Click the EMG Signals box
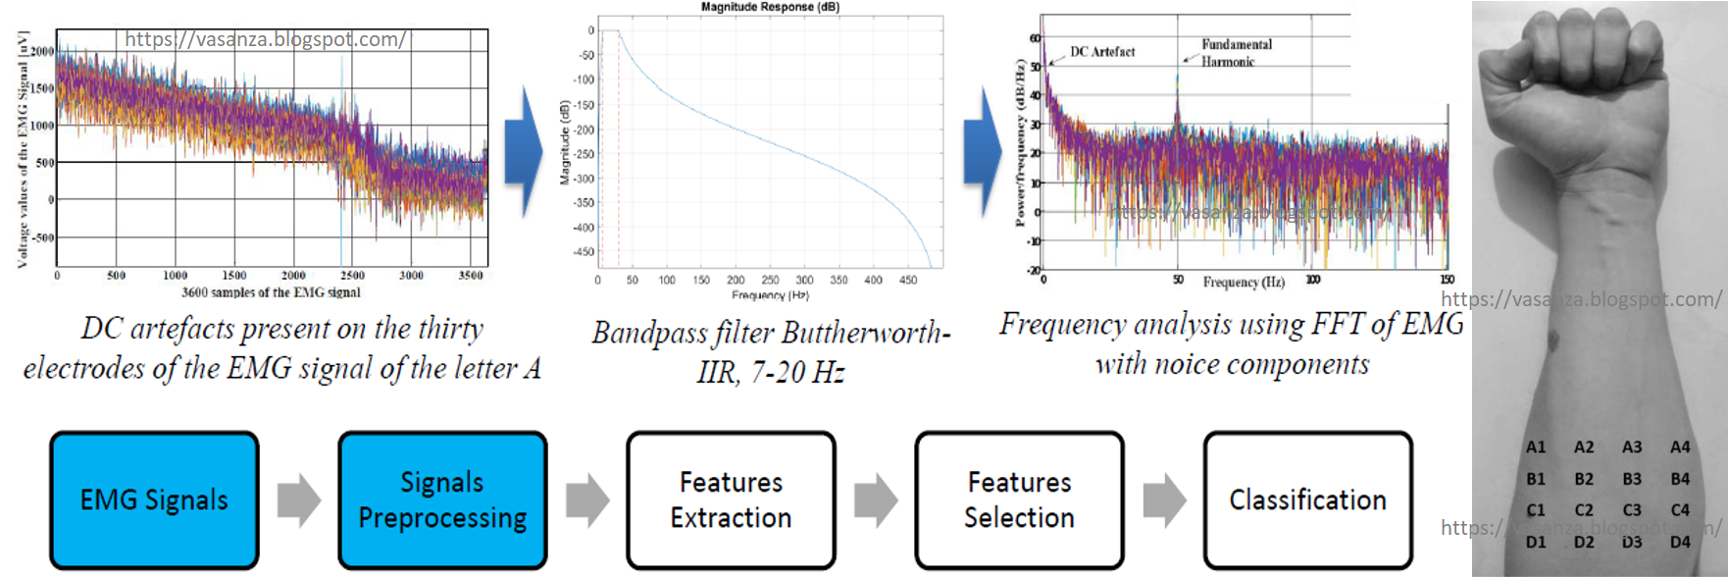pyautogui.click(x=154, y=500)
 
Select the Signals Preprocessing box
pyautogui.click(x=442, y=500)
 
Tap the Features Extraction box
pyautogui.click(x=731, y=500)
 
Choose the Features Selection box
pyautogui.click(x=1019, y=500)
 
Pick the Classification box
pyautogui.click(x=1307, y=500)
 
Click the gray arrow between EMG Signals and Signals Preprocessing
pyautogui.click(x=298, y=500)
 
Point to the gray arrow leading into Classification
pyautogui.click(x=1164, y=500)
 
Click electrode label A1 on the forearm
pyautogui.click(x=1536, y=447)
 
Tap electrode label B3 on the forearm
pyautogui.click(x=1632, y=479)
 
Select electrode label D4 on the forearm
pyautogui.click(x=1680, y=542)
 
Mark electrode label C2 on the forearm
pyautogui.click(x=1584, y=510)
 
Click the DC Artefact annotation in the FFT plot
pyautogui.click(x=1102, y=52)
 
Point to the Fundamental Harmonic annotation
pyautogui.click(x=1236, y=53)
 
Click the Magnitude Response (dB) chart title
pyautogui.click(x=770, y=7)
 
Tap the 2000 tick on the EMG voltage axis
pyautogui.click(x=42, y=51)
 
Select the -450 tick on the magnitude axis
pyautogui.click(x=584, y=252)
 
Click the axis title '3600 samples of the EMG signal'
pyautogui.click(x=271, y=292)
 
